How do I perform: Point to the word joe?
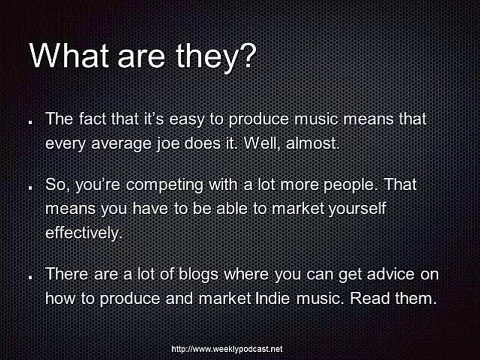pos(168,144)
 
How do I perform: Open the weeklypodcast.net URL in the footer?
pos(227,348)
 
